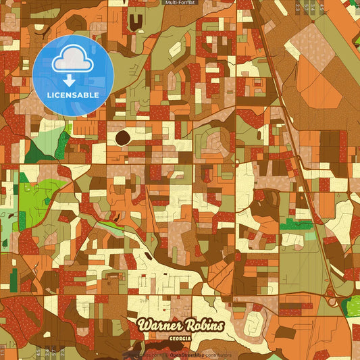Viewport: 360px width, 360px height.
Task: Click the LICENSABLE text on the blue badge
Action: (x=73, y=95)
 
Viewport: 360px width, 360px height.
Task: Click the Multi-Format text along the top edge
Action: (x=180, y=3)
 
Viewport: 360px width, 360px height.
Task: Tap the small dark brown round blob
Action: (x=123, y=138)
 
